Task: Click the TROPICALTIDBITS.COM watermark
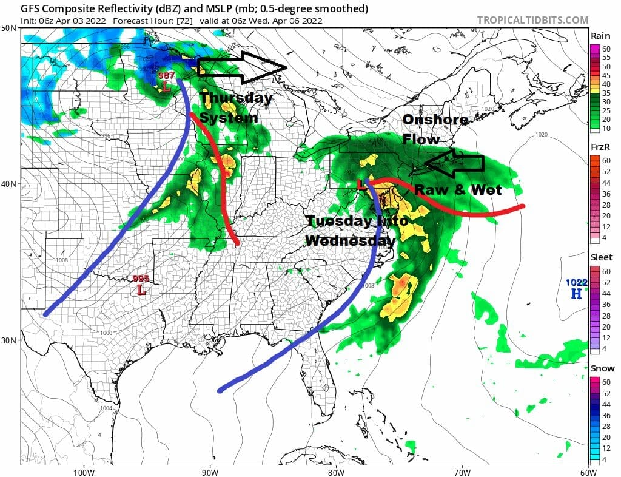(x=532, y=20)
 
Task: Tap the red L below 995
(x=142, y=290)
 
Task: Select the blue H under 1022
(x=575, y=294)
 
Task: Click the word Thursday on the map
(x=236, y=98)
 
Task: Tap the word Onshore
(x=435, y=120)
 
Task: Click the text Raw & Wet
(x=458, y=190)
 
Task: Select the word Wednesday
(x=350, y=240)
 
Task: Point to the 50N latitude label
(x=8, y=29)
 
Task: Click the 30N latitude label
(x=8, y=340)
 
